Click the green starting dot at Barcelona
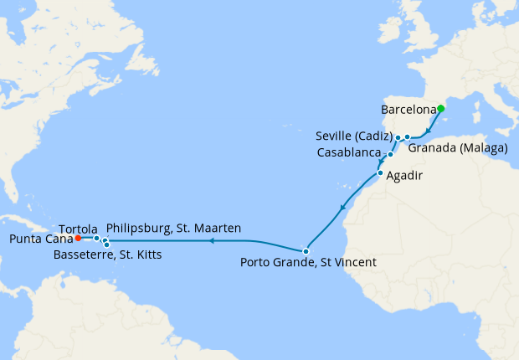(440, 108)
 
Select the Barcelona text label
(409, 110)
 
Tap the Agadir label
(403, 177)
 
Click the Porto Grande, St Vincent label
(308, 263)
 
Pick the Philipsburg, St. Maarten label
(174, 228)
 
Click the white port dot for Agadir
(380, 173)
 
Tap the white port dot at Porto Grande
(306, 251)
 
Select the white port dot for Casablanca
(390, 155)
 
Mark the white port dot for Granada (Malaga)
(407, 136)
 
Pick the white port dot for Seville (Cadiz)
(398, 137)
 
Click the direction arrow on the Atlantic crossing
(212, 241)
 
